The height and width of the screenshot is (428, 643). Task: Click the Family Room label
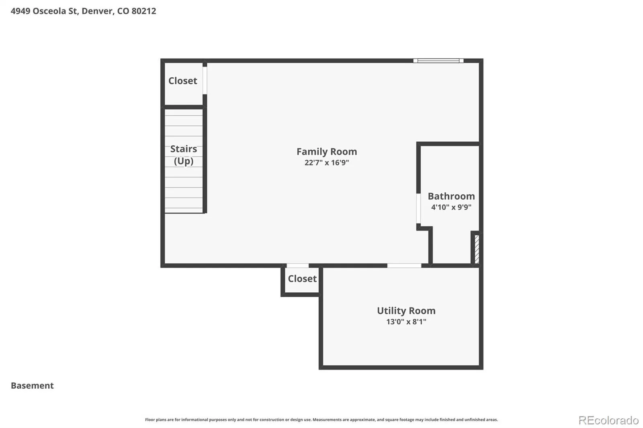point(327,151)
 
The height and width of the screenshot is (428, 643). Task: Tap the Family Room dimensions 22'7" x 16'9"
point(327,163)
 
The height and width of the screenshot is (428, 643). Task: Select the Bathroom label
point(451,196)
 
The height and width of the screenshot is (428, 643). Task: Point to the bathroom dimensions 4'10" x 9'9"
point(451,207)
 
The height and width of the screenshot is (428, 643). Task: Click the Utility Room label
point(406,311)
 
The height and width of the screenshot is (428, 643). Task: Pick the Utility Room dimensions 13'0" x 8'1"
point(406,322)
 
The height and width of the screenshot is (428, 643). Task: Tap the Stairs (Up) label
point(183,155)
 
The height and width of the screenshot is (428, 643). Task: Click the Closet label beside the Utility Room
point(302,279)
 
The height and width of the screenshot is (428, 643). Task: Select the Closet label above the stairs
point(182,81)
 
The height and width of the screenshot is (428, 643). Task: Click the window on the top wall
point(438,61)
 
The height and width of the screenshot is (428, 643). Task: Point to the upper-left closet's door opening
point(205,80)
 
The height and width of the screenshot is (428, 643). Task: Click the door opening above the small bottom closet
point(298,266)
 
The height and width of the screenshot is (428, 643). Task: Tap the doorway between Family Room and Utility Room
point(404,266)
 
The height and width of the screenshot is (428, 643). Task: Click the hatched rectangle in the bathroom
point(477,249)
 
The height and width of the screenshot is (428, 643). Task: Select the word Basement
point(32,385)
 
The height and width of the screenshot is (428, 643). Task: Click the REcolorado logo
point(608,420)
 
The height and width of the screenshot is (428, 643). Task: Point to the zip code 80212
point(144,11)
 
